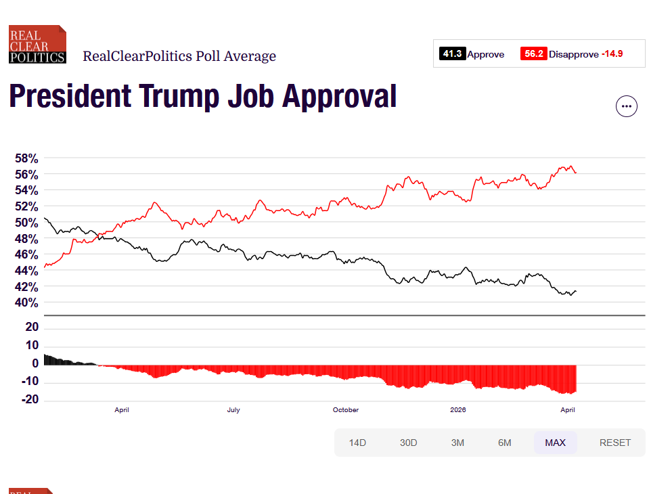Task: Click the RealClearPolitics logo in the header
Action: [x=37, y=45]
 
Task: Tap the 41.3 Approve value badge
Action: [x=452, y=54]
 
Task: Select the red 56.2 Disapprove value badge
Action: [x=533, y=54]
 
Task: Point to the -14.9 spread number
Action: [x=612, y=54]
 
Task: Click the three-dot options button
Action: [x=626, y=106]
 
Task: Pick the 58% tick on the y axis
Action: [x=27, y=158]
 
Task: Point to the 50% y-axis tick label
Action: [x=27, y=223]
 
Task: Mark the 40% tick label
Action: [x=27, y=302]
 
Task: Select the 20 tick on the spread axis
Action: [x=32, y=327]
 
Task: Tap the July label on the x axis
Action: [x=233, y=410]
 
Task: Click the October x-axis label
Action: [x=346, y=410]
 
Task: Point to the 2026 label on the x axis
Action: [x=458, y=410]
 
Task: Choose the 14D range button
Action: [x=357, y=443]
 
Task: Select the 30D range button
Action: [x=408, y=443]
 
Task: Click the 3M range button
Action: [x=457, y=443]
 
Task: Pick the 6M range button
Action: [x=504, y=443]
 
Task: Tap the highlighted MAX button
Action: [x=555, y=443]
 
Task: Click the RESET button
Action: [x=614, y=443]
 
